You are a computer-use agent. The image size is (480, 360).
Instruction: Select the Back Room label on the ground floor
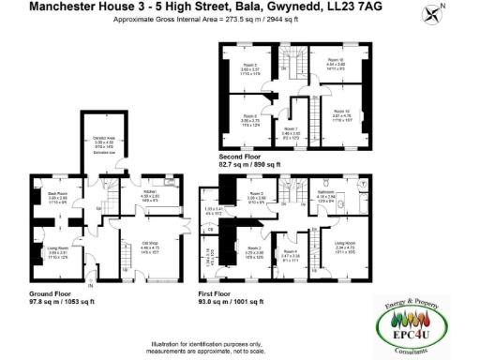(x=57, y=194)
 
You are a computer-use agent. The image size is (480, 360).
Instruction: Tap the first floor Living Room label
(x=349, y=248)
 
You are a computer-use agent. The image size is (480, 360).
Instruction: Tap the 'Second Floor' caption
(x=239, y=157)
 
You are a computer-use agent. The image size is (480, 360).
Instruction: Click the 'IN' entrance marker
(x=91, y=283)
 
